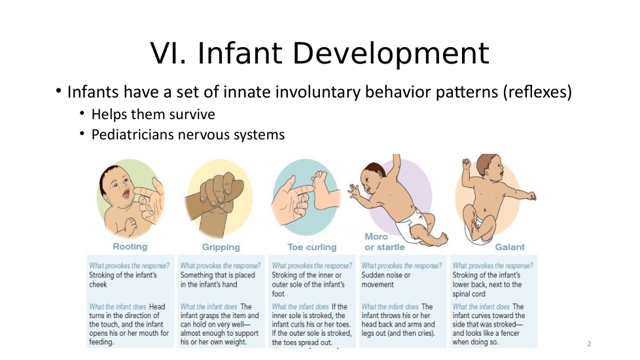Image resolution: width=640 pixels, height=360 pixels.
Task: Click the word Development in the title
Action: coord(391,54)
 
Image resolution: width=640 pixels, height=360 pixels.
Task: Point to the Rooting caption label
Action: coord(130,247)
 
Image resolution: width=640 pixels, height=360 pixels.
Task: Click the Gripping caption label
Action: coord(221,247)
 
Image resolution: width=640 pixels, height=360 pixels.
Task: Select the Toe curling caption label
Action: coord(312,247)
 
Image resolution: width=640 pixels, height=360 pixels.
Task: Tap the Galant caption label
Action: coord(510,247)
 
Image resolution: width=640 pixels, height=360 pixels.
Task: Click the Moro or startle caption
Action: coord(385,242)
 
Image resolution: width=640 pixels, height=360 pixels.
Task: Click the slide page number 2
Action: coord(589,344)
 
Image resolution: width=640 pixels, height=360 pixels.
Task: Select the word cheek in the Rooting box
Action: coord(98,285)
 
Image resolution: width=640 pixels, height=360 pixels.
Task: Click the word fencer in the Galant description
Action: coord(508,333)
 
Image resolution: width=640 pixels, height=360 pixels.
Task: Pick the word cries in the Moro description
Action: coord(425,333)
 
